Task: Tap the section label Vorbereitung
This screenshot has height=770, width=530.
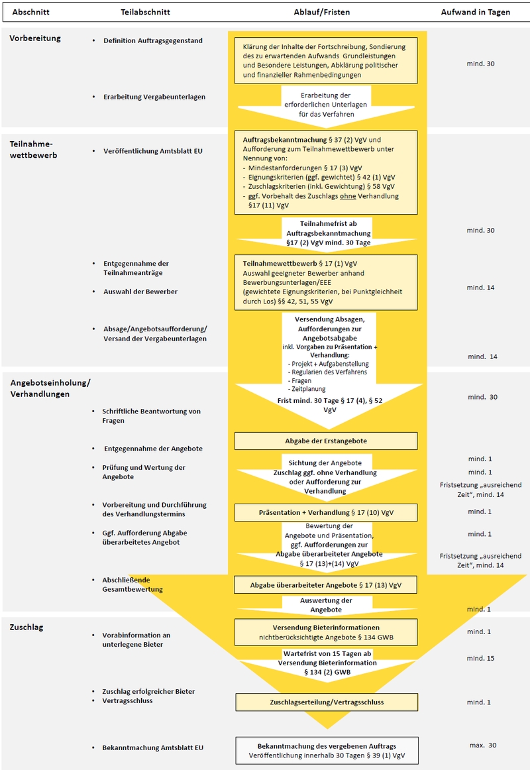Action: point(35,38)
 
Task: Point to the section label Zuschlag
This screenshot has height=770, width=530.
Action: point(26,627)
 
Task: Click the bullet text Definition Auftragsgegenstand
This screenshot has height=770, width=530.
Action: point(153,40)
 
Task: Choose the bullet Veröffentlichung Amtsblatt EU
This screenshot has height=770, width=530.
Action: point(153,151)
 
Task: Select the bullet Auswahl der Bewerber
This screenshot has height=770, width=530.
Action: point(140,291)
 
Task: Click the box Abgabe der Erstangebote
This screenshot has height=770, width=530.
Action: point(326,441)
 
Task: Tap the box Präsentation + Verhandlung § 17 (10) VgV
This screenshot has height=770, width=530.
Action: point(326,512)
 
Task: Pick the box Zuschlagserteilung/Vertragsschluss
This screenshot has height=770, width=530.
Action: point(327,702)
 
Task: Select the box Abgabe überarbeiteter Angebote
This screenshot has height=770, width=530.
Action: point(326,584)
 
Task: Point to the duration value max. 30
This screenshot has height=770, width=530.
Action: point(483,745)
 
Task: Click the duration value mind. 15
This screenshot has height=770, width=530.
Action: point(481,658)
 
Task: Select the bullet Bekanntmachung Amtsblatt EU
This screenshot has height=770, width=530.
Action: point(153,747)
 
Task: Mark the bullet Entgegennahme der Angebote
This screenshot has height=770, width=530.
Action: point(153,449)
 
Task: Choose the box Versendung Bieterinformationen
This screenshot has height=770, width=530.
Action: point(326,632)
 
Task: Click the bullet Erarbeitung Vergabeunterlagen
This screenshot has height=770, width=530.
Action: point(154,97)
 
